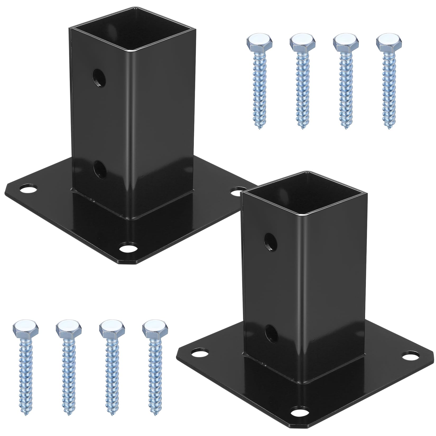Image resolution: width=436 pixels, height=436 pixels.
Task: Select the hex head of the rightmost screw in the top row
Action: [388, 41]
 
